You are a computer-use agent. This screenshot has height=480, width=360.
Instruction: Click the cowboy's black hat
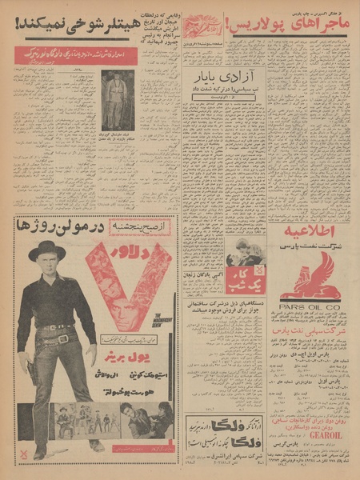click(x=47, y=251)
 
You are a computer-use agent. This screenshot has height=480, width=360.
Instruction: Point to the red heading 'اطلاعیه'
click(x=310, y=233)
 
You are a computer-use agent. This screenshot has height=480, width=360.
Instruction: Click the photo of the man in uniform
click(x=117, y=99)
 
